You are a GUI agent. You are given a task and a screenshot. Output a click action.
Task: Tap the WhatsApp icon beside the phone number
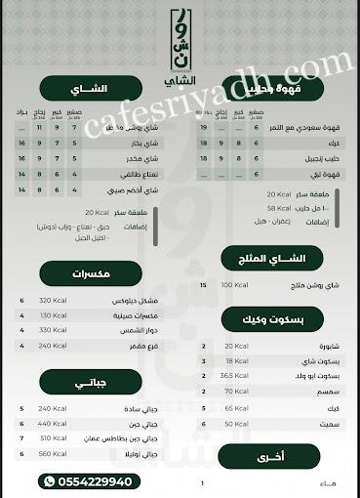coord(50,481)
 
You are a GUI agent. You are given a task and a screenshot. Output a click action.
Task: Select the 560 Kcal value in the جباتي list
coord(52,453)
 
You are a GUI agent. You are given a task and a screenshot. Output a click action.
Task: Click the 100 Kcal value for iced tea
coord(235,284)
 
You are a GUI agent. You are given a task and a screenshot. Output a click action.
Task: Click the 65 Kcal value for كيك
coord(235,407)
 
